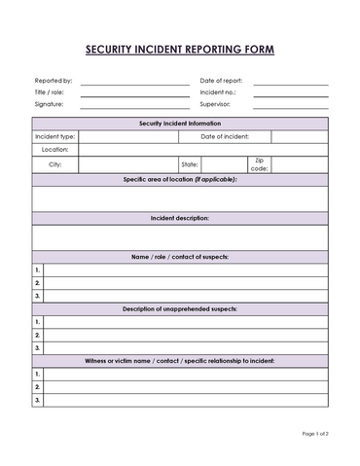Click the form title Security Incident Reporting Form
pyautogui.click(x=180, y=49)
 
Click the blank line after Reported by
pyautogui.click(x=134, y=83)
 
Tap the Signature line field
pyautogui.click(x=134, y=105)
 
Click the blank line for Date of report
pyautogui.click(x=291, y=83)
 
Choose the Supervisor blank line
pyautogui.click(x=291, y=105)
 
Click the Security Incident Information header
pyautogui.click(x=180, y=124)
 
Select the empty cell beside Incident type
pyautogui.click(x=127, y=137)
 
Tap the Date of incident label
pyautogui.click(x=225, y=137)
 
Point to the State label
pyautogui.click(x=189, y=165)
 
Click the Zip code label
pyautogui.click(x=259, y=165)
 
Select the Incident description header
pyautogui.click(x=180, y=218)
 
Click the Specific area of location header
pyautogui.click(x=180, y=180)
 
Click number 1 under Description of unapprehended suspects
pyautogui.click(x=38, y=321)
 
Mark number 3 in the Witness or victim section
pyautogui.click(x=38, y=399)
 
